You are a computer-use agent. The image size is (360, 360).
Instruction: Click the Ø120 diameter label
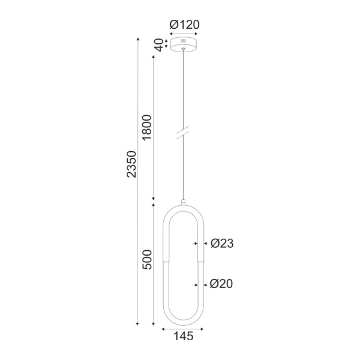184,25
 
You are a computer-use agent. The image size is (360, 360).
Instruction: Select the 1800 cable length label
148,127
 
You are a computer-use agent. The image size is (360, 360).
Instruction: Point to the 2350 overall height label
132,164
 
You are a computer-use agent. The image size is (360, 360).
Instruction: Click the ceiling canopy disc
184,44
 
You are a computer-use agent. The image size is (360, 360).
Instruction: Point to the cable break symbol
184,133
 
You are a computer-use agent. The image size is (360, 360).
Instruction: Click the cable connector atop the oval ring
184,202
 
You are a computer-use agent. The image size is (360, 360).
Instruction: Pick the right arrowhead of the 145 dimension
203,328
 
